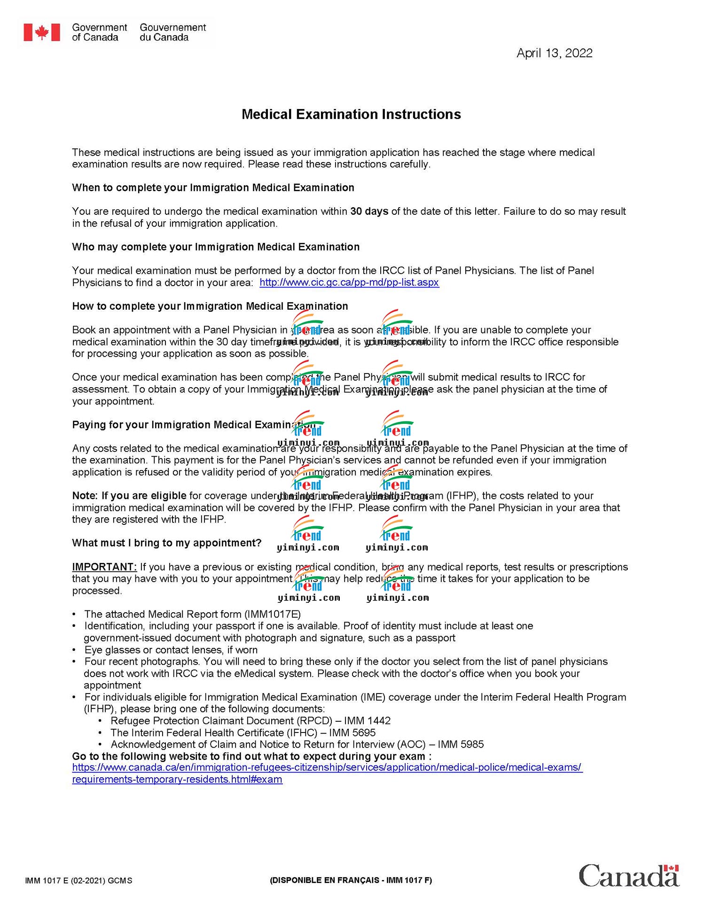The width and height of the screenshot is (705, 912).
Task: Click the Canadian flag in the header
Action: click(x=42, y=32)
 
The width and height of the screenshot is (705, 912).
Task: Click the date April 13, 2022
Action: click(x=554, y=53)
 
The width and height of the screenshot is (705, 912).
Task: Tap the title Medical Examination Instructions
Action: click(x=351, y=114)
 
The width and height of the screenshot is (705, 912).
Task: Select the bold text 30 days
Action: click(x=369, y=211)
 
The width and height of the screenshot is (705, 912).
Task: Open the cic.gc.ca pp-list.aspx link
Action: click(x=349, y=282)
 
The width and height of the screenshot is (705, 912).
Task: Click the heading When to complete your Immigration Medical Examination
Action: click(x=213, y=188)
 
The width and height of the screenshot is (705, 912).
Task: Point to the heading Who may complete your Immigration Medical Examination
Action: click(x=216, y=247)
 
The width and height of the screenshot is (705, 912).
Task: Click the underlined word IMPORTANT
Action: click(x=104, y=567)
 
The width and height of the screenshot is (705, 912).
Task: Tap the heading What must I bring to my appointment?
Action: click(x=166, y=543)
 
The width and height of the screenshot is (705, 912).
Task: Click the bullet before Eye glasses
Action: click(x=74, y=650)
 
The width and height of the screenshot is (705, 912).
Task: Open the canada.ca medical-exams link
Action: click(x=327, y=768)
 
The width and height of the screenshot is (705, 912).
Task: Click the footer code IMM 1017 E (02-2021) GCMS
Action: click(x=78, y=881)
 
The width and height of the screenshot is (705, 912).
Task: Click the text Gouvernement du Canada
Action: click(x=172, y=32)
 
